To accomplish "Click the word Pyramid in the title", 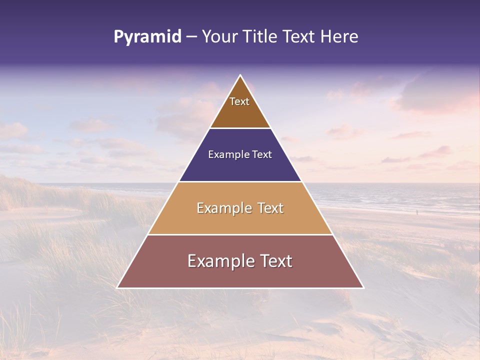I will point(147,37).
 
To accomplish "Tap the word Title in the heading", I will point(260,37).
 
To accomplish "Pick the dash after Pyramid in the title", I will point(191,37).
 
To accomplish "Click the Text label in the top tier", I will point(239,101).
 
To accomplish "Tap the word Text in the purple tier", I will point(262,155).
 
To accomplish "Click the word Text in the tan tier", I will point(270,208).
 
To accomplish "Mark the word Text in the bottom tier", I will point(275,261).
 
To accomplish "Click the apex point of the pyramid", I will point(240,75).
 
